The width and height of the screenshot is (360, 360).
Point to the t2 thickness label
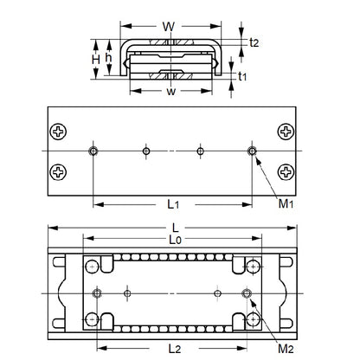253,42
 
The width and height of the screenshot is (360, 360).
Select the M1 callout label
285,204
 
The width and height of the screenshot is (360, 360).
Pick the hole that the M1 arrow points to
252,151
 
